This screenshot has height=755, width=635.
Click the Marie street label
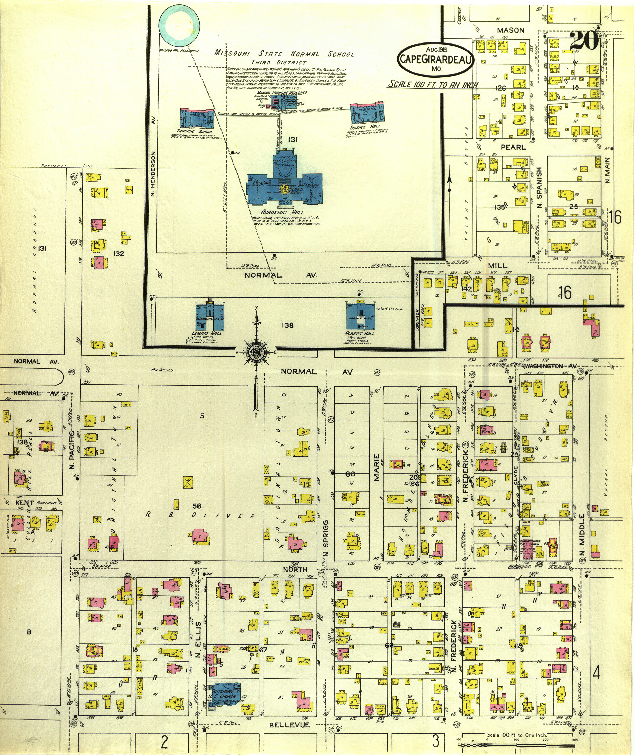tap(376, 467)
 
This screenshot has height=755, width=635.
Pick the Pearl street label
tap(513, 147)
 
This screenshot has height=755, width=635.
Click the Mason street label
tap(510, 31)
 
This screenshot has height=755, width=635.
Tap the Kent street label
tap(24, 503)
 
